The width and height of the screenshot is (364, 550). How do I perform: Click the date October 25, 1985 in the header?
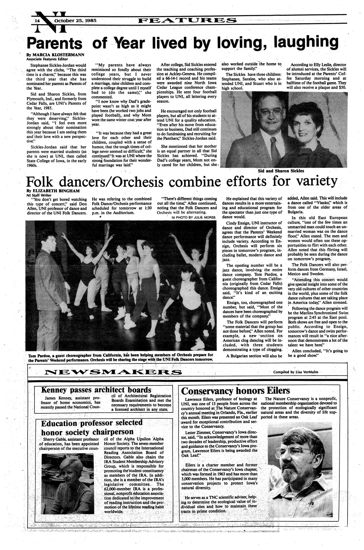[x=75, y=20]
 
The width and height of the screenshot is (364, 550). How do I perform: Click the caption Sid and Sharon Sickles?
[x=281, y=171]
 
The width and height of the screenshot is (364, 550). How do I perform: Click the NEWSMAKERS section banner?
[x=110, y=372]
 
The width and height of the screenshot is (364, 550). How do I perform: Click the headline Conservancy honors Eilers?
[x=235, y=391]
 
